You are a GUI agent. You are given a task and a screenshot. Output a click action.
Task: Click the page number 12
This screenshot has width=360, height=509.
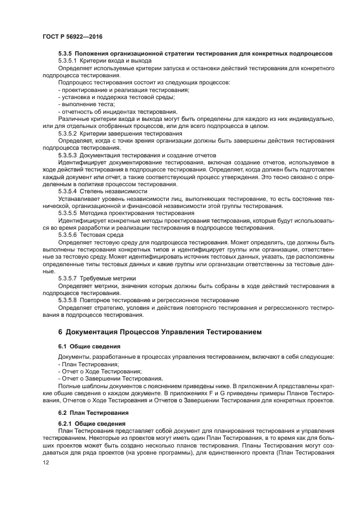(46, 462)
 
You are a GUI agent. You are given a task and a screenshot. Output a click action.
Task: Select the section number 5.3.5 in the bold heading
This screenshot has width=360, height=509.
(65, 53)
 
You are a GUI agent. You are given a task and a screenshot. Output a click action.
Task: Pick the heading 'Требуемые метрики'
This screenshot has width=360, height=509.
(107, 277)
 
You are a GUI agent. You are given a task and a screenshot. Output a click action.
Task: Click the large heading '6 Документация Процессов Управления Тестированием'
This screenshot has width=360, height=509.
(160, 331)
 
